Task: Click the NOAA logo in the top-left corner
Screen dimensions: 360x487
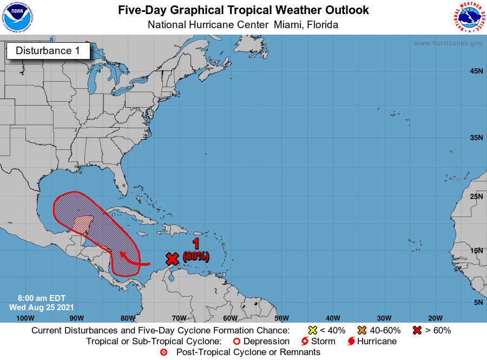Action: (17, 17)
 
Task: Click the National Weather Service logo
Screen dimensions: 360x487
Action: (468, 17)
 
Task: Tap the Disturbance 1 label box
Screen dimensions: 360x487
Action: (48, 51)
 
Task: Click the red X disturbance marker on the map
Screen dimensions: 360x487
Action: (172, 258)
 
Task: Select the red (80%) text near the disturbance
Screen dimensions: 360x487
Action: (196, 256)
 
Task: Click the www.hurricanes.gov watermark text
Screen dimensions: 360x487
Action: (448, 43)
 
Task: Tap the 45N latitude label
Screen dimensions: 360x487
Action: (476, 71)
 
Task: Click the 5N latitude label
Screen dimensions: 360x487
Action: (478, 302)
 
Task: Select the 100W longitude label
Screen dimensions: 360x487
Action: (25, 318)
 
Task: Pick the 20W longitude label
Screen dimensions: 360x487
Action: (435, 318)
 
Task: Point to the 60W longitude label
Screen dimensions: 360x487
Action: (230, 318)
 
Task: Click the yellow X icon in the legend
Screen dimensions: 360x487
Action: (312, 330)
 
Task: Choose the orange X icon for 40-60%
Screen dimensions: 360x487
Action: (361, 330)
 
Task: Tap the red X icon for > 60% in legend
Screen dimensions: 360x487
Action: (418, 330)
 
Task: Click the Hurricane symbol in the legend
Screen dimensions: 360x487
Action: (351, 342)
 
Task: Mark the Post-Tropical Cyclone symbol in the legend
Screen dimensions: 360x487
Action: (163, 352)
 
